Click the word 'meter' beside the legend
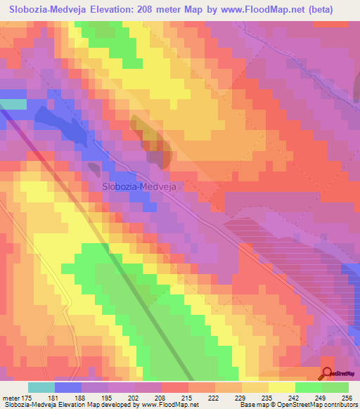[x=13, y=396]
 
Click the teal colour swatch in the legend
[x=41, y=387]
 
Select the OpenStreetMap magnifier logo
[x=327, y=373]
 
